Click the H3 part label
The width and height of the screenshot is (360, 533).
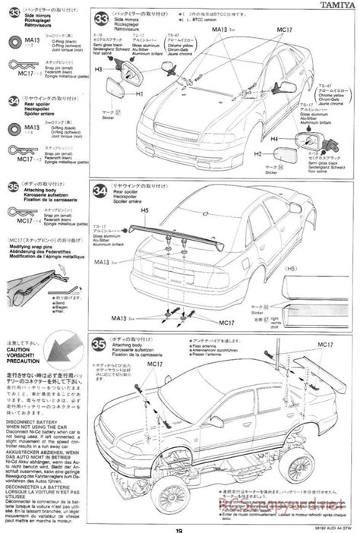tap(99, 69)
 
